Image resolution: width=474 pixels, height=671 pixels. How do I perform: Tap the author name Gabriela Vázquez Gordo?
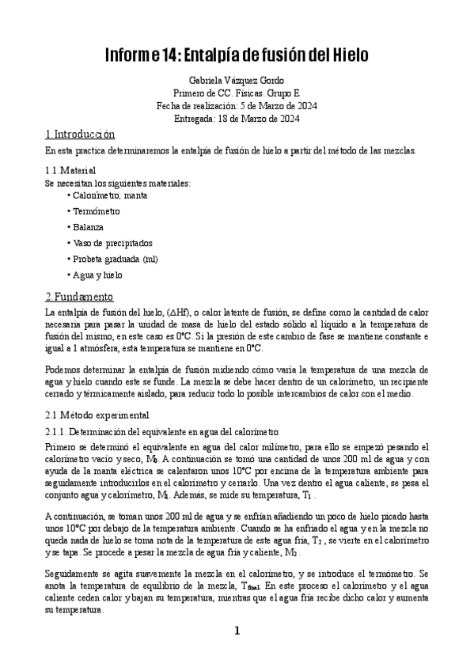coord(237,81)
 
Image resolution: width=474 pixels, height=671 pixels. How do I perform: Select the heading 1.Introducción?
coord(80,135)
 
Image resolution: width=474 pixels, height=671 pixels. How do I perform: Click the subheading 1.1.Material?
coord(70,170)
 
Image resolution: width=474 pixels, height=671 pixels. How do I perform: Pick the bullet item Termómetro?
coord(94,211)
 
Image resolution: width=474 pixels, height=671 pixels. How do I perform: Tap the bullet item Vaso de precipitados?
coord(110,243)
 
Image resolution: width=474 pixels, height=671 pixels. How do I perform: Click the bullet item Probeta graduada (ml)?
coord(112,259)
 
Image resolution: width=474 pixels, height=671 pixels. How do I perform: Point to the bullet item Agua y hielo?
coord(96,275)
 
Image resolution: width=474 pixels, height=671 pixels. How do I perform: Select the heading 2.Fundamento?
coord(79,298)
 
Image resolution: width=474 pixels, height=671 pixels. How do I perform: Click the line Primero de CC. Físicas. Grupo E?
coord(237,93)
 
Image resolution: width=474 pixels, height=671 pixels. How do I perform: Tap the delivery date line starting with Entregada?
coord(237,118)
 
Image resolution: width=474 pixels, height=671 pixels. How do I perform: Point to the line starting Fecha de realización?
coord(237,105)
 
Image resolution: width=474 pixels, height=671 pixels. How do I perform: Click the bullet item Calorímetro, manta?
coord(108,195)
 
